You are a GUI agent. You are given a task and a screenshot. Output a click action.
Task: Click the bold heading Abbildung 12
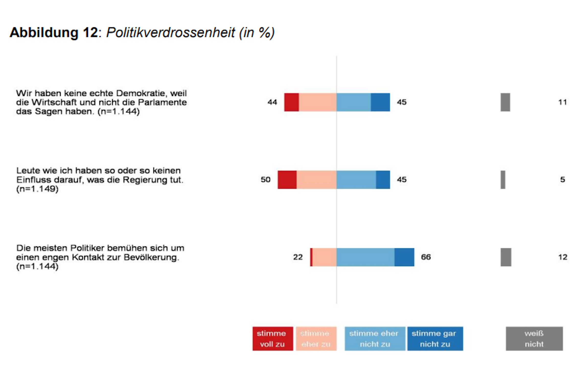(54, 33)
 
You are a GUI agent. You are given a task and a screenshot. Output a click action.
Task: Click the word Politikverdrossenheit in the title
(170, 33)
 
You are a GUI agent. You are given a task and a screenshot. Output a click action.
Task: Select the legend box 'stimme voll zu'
(272, 339)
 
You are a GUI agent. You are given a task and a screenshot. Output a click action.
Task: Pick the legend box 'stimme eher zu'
(316, 339)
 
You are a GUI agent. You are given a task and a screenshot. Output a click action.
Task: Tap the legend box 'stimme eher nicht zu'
(375, 339)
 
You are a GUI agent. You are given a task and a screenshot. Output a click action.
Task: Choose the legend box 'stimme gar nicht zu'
(435, 339)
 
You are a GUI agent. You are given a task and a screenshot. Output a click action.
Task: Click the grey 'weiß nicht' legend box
(534, 339)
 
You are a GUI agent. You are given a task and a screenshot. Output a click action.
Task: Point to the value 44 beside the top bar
(272, 102)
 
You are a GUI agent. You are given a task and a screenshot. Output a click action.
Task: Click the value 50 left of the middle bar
(266, 179)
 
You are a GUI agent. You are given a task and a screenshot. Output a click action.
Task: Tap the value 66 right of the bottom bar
(426, 257)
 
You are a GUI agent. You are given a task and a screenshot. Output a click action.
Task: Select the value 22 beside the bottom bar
(298, 257)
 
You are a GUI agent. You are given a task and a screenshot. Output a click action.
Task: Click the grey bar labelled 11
(505, 102)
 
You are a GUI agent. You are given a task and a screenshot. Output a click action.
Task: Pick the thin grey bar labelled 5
(503, 179)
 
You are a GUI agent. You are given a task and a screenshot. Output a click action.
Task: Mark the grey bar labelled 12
(506, 257)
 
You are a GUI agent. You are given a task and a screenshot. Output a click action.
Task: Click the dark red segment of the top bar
(291, 102)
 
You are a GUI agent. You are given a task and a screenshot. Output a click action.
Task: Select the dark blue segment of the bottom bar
(404, 257)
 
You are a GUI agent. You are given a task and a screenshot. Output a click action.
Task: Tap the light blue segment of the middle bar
(356, 179)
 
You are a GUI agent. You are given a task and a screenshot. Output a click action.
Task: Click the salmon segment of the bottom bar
(324, 257)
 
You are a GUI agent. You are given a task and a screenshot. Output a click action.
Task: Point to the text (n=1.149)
(37, 189)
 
